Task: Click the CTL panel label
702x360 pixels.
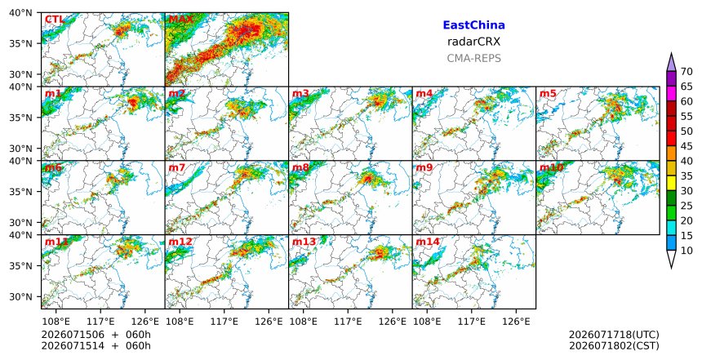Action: click(x=54, y=20)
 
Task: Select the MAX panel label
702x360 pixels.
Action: click(x=180, y=20)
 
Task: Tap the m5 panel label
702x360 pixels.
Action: click(x=548, y=94)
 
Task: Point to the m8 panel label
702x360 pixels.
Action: click(x=300, y=168)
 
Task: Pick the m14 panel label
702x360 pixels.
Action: click(x=428, y=242)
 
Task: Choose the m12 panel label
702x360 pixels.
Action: click(x=180, y=242)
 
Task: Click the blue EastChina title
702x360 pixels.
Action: click(x=473, y=25)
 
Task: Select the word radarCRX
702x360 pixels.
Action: click(x=473, y=42)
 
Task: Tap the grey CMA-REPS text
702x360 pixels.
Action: click(x=473, y=58)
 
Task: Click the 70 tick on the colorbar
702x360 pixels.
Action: click(x=686, y=72)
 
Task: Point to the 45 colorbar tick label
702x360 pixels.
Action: click(x=686, y=146)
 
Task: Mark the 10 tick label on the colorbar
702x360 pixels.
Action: click(x=686, y=251)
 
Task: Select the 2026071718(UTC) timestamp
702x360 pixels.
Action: click(x=614, y=335)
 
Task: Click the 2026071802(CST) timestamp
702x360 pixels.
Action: click(x=614, y=345)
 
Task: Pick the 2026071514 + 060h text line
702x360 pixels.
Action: click(x=96, y=345)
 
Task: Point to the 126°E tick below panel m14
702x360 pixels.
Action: click(x=516, y=322)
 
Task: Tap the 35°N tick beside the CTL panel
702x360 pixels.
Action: click(x=20, y=43)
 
